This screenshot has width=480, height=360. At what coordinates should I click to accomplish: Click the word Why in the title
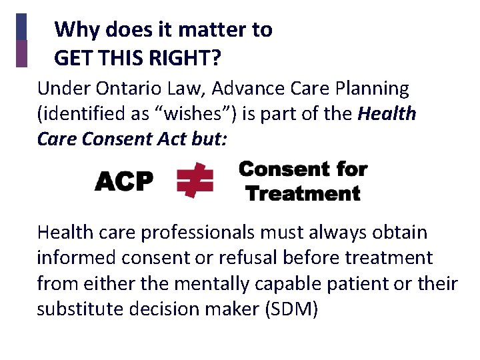click(x=74, y=30)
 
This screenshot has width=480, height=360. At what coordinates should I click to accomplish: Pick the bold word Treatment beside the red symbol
click(x=303, y=194)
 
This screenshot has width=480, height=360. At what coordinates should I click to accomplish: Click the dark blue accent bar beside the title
click(x=21, y=27)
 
